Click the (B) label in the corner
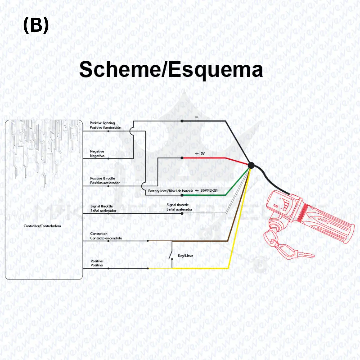[x=36, y=25]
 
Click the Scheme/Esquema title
[x=171, y=70]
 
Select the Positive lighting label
[x=102, y=125]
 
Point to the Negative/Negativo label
[x=97, y=153]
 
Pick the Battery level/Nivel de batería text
[x=170, y=191]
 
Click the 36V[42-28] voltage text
[x=209, y=190]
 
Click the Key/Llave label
[x=186, y=256]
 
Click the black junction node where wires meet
[x=251, y=165]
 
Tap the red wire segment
[x=207, y=157]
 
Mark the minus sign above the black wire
[x=197, y=117]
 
